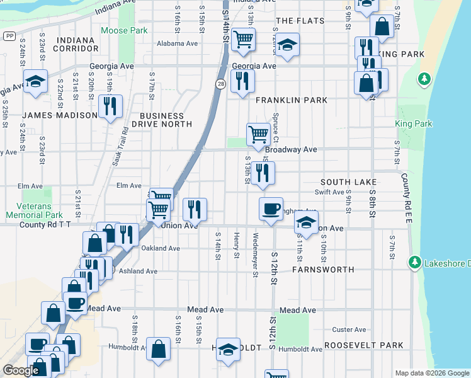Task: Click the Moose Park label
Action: (x=125, y=30)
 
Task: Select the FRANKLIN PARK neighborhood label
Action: (x=291, y=100)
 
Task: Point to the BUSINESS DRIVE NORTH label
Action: (x=162, y=120)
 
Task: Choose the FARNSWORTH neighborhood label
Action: (x=323, y=269)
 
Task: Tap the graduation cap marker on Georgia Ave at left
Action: (x=35, y=82)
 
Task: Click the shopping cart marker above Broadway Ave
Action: (x=258, y=134)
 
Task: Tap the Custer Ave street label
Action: (x=349, y=329)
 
